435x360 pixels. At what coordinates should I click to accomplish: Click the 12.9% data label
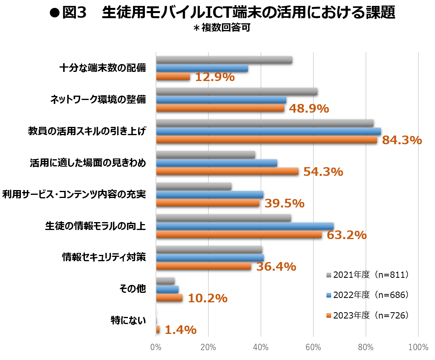click(x=215, y=77)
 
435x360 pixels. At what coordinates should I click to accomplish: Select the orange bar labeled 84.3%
click(x=266, y=139)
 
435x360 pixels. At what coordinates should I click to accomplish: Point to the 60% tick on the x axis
click(x=313, y=347)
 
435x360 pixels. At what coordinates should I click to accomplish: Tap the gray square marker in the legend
click(x=329, y=275)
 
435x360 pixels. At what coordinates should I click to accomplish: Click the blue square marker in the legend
click(x=329, y=295)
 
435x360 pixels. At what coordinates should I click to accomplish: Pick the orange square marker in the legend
click(x=329, y=315)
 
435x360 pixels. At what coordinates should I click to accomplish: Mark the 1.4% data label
click(x=180, y=330)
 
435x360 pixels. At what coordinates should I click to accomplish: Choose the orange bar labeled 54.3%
click(x=227, y=171)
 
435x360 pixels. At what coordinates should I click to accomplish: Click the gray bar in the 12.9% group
click(x=224, y=60)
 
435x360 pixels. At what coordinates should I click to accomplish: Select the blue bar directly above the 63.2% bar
click(x=245, y=226)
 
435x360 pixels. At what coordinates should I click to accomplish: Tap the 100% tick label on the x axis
click(x=418, y=347)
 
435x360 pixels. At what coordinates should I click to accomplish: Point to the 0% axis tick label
click(x=156, y=347)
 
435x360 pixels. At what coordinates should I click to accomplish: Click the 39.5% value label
click(x=284, y=204)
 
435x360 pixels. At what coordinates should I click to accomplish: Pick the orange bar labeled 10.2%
click(x=169, y=298)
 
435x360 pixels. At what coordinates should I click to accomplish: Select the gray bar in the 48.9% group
click(x=236, y=91)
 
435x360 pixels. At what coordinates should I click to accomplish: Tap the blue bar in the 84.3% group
click(x=268, y=131)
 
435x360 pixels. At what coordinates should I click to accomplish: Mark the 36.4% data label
click(x=276, y=267)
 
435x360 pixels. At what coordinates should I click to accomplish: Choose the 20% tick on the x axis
click(x=208, y=347)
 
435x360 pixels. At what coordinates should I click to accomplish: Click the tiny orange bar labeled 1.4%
click(x=158, y=329)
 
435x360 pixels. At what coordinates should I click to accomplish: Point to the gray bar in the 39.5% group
click(x=193, y=186)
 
